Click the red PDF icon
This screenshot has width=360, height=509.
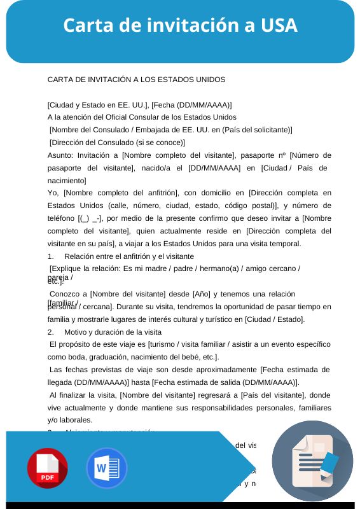point(47,468)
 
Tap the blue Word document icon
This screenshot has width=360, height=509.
point(107,468)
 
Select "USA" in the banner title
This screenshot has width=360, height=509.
point(279,25)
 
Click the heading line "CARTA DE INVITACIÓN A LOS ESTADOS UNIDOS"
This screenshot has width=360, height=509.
point(136,80)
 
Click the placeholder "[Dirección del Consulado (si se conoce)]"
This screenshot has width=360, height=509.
point(117,143)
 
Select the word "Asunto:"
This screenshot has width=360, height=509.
point(61,155)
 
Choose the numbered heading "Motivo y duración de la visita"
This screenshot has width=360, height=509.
point(113,331)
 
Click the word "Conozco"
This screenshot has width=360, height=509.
point(66,294)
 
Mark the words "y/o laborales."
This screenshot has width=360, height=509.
point(70,420)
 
